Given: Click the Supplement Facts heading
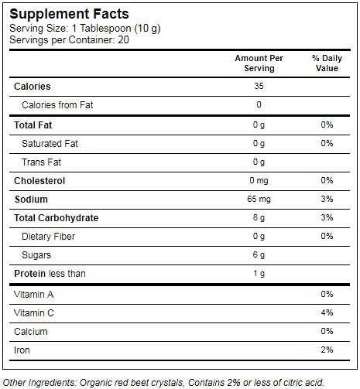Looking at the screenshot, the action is point(69,14).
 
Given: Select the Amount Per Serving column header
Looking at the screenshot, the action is point(259,63).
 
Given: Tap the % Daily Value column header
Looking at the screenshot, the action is point(327,63).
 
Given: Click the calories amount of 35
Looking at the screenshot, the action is point(259,86).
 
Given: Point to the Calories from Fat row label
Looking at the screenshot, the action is point(57,105).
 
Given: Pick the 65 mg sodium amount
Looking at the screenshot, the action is point(259,199).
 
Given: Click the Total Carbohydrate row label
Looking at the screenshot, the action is point(57,218).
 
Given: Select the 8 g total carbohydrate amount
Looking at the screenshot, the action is point(259,217).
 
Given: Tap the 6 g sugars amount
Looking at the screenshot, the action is point(259,254).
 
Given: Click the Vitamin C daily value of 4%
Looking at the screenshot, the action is point(327,312).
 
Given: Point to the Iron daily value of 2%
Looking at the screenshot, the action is point(327,350).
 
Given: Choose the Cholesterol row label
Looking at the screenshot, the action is point(39,181).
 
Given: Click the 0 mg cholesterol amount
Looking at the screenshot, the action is point(259,180).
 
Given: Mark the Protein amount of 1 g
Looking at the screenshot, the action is point(259,273).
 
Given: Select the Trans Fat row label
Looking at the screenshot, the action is point(41,162).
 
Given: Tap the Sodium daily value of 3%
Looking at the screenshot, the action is point(327,199).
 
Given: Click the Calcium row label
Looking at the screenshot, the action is point(31,332).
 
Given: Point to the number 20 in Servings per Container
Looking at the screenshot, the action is point(123,40).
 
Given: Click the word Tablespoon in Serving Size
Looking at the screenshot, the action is point(105,29).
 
